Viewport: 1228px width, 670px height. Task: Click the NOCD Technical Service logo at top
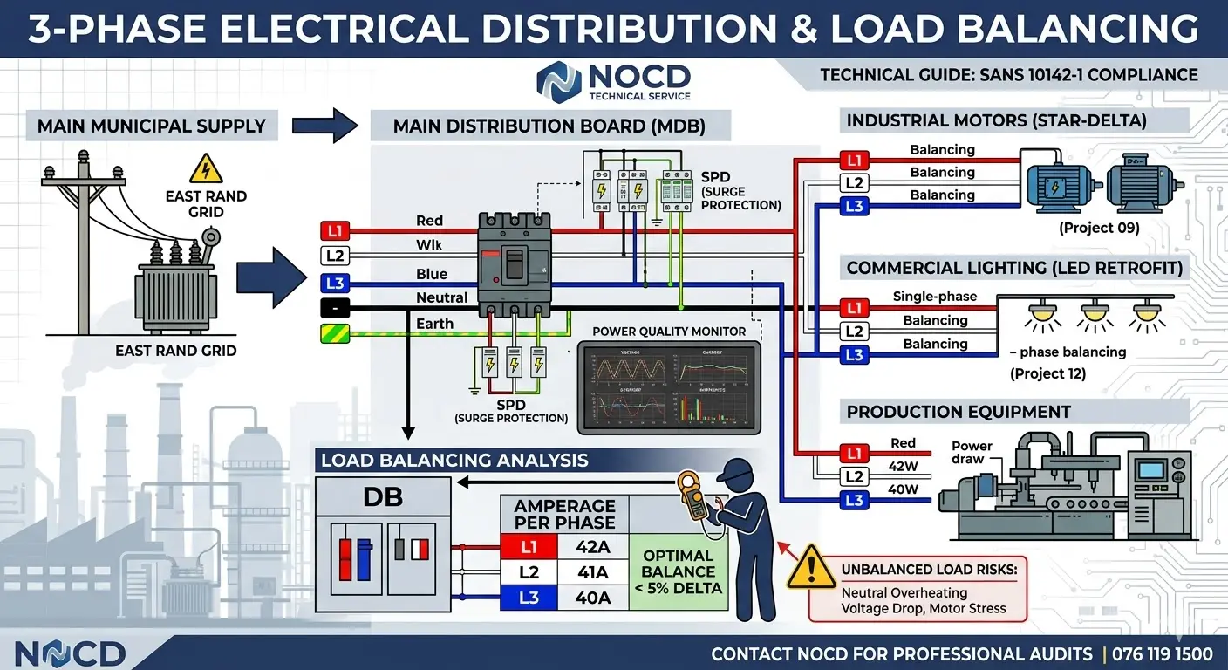click(x=614, y=82)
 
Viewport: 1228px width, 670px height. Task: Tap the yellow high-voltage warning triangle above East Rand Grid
click(x=206, y=168)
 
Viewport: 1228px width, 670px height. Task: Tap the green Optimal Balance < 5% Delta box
click(x=679, y=571)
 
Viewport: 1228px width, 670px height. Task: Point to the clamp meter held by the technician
click(x=695, y=495)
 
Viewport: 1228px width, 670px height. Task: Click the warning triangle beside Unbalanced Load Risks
click(x=810, y=568)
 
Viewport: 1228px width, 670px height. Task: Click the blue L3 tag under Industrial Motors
click(x=855, y=207)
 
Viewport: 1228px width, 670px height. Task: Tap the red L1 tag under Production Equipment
click(x=855, y=453)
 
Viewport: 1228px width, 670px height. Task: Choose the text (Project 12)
click(x=1047, y=374)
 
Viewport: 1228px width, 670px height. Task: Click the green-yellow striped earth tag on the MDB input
click(x=336, y=333)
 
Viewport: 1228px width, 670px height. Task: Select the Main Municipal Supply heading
click(x=151, y=126)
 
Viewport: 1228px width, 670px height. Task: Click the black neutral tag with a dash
click(x=336, y=308)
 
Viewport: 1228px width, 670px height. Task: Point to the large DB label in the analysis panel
click(x=383, y=497)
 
